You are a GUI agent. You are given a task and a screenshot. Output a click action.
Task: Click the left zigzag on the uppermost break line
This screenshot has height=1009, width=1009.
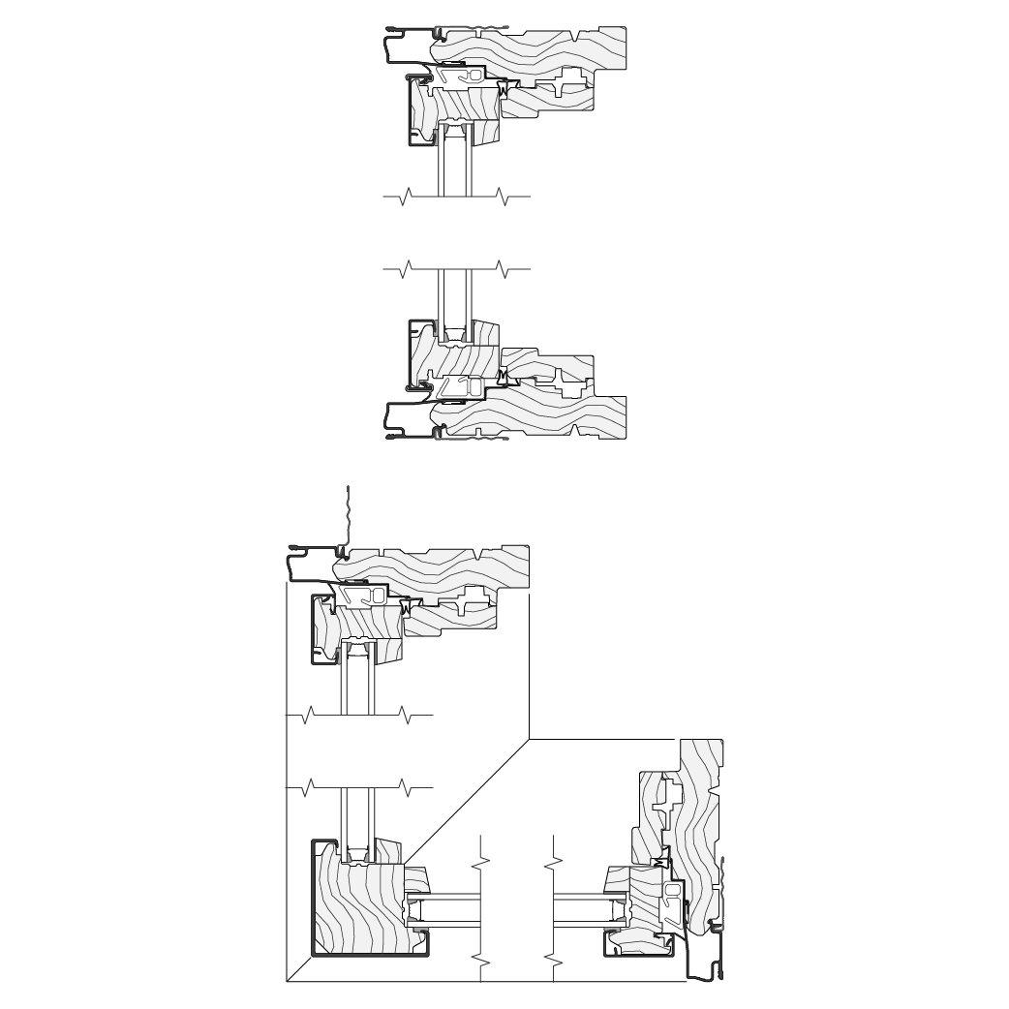pyautogui.click(x=406, y=199)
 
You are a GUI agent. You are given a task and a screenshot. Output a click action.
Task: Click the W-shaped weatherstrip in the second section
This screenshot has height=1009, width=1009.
pyautogui.click(x=503, y=374)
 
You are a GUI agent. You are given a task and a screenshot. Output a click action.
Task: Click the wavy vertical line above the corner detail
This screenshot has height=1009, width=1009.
pyautogui.click(x=348, y=513)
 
